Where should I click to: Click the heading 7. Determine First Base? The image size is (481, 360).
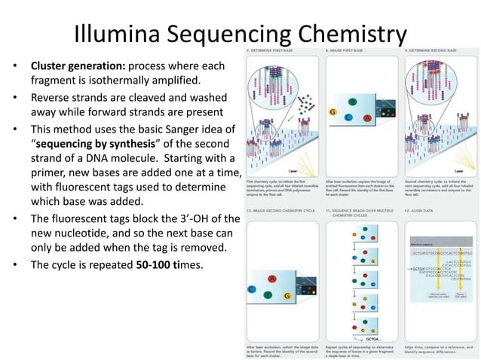point(270,50)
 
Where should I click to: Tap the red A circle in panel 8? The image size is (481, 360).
point(367,119)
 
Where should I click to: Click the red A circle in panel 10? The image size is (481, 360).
point(271,279)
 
